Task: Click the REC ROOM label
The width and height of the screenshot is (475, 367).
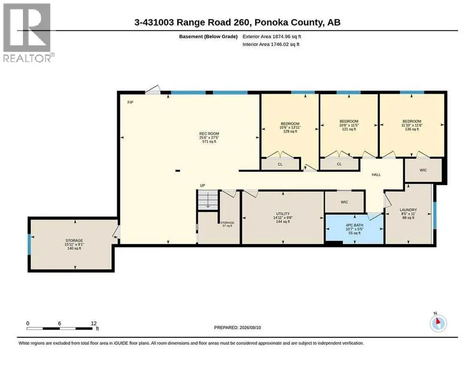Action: click(x=209, y=134)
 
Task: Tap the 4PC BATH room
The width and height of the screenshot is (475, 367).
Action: click(x=354, y=229)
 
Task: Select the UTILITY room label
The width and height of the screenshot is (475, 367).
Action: click(x=282, y=214)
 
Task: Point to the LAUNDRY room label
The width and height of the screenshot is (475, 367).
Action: click(x=408, y=210)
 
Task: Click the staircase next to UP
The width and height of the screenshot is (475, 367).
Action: click(x=208, y=200)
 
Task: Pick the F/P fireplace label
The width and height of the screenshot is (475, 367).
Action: click(x=130, y=102)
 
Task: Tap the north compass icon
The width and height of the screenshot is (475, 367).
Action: click(x=438, y=323)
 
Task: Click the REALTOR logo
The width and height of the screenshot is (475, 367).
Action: click(x=27, y=32)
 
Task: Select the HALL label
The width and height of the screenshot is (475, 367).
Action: click(x=376, y=174)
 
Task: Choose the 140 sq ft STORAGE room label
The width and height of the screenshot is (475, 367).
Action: click(x=74, y=241)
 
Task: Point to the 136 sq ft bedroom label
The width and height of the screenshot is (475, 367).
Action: click(x=412, y=121)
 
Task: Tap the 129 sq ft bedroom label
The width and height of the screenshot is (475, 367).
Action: click(x=290, y=124)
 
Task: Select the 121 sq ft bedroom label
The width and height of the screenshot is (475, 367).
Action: click(x=349, y=121)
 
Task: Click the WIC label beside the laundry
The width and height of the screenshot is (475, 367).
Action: click(x=423, y=170)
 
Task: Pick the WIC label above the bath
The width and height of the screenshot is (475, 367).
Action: click(x=344, y=202)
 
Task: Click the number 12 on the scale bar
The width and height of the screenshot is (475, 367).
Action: click(x=94, y=324)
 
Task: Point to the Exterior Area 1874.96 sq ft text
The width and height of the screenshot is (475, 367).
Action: click(x=272, y=37)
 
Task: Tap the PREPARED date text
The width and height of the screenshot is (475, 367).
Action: click(x=237, y=328)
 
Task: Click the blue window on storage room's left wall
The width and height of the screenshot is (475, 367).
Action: click(x=29, y=244)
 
